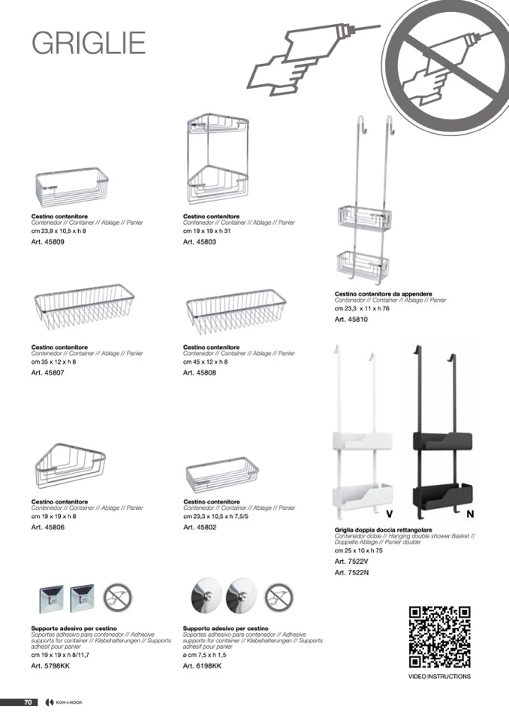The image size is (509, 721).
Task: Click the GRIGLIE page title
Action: click(x=88, y=43)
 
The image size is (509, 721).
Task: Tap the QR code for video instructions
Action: click(x=439, y=637)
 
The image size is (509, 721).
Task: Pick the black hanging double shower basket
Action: click(x=443, y=436)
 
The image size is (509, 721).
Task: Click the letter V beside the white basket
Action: click(x=390, y=515)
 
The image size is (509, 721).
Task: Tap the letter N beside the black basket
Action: click(x=470, y=515)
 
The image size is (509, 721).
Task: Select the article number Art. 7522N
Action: click(x=351, y=573)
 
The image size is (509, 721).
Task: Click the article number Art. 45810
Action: click(x=351, y=320)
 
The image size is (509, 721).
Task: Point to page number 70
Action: click(x=27, y=702)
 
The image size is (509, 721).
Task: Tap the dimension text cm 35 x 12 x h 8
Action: click(x=54, y=362)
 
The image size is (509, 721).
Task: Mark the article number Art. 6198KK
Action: click(x=202, y=666)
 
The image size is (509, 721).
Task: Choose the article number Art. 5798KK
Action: click(x=50, y=666)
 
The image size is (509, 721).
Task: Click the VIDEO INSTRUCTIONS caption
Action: click(x=439, y=677)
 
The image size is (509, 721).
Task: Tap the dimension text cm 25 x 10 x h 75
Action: click(x=359, y=550)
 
